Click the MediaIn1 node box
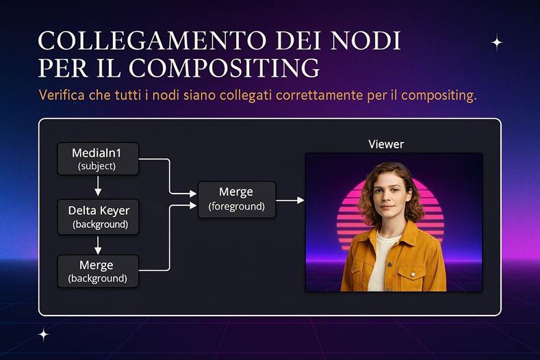click(x=98, y=158)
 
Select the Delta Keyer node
click(x=98, y=216)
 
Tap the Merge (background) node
click(x=98, y=271)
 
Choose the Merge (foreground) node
click(x=236, y=199)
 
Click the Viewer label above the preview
click(x=386, y=144)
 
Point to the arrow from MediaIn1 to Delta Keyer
click(x=98, y=185)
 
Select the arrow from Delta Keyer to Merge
click(x=98, y=244)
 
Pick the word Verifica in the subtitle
click(x=62, y=94)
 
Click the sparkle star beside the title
click(x=497, y=42)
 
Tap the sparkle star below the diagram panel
click(x=44, y=335)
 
